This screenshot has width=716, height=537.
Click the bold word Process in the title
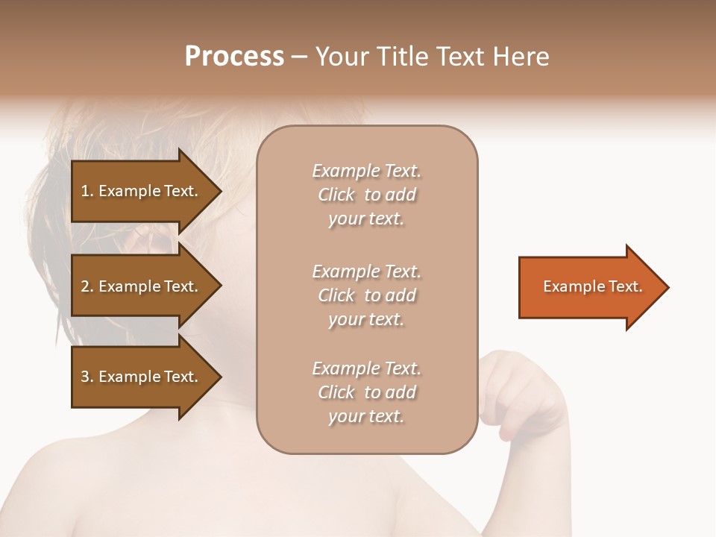coord(234,57)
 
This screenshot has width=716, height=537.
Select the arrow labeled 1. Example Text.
coord(142,191)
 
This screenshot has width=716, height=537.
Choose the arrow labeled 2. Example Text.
coord(142,286)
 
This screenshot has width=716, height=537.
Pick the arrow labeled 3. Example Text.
coord(142,377)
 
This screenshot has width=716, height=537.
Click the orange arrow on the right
coord(589,287)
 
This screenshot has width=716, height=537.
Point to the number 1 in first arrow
coord(85,191)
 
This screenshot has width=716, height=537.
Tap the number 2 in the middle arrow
coord(85,286)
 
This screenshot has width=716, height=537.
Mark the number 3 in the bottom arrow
coord(85,377)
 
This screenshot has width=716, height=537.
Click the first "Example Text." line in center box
coord(366,171)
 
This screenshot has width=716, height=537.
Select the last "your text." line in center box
coord(366,416)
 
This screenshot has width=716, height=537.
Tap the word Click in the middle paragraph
coord(336,295)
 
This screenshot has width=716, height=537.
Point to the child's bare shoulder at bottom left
coord(89,485)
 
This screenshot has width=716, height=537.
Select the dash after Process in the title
coord(300,57)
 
